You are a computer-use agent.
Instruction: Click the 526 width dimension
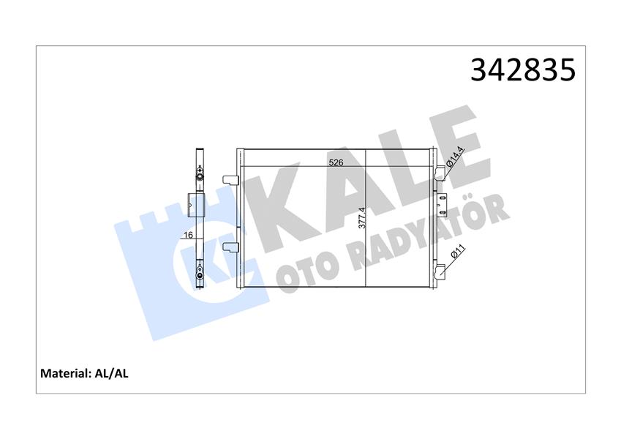tap(336, 162)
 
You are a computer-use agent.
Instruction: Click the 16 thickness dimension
tap(188, 236)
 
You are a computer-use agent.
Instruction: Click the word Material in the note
tap(64, 373)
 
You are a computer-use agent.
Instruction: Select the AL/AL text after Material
tap(112, 373)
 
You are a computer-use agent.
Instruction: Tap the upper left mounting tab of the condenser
tap(230, 179)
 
